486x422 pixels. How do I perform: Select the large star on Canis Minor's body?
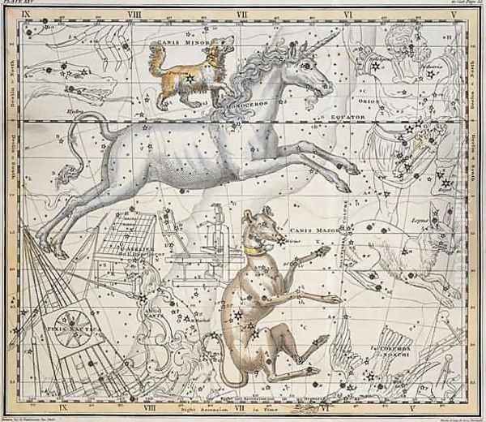(x=190, y=79)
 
